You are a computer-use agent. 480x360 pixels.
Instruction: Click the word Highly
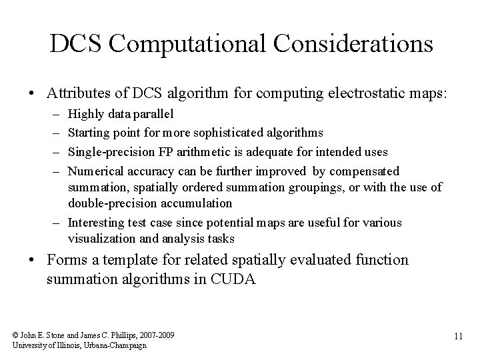pyautogui.click(x=85, y=115)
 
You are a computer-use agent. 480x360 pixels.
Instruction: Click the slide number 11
pyautogui.click(x=457, y=337)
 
